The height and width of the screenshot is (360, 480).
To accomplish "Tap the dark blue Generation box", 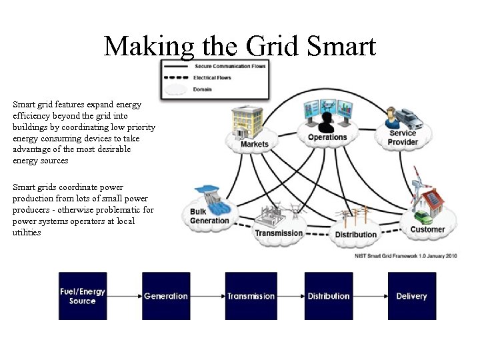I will coord(166,296).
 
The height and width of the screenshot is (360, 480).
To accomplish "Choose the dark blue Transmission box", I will coord(251,296).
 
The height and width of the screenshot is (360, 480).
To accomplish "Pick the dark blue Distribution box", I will coord(329,296).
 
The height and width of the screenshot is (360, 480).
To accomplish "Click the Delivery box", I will coord(411,296).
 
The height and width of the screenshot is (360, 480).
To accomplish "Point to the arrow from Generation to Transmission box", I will coord(207,296).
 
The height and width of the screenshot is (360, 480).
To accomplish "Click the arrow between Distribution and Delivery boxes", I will coord(370,296).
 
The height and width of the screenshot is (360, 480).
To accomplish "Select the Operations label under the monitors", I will coord(327,138).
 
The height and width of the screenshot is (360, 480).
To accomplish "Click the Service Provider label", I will coord(403,137).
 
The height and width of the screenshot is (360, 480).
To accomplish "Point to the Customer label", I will coord(427,229).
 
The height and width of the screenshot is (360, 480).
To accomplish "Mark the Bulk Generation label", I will coord(209,217).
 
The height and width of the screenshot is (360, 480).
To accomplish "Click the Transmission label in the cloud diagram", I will coord(279,233).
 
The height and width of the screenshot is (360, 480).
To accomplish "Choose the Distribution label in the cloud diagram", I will coord(355,235).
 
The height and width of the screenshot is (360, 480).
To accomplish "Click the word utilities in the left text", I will coord(27,233).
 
